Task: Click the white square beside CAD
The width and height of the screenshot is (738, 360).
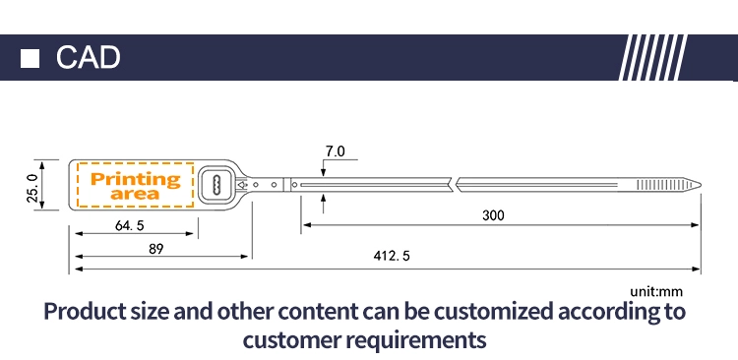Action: tap(30, 59)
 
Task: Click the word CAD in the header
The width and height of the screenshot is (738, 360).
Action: tap(88, 58)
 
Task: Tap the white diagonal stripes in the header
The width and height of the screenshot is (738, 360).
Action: tap(652, 57)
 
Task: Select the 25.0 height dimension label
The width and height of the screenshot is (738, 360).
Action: tap(31, 188)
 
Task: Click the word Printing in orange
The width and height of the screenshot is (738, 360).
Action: tap(136, 179)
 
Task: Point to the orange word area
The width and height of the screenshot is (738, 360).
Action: tap(135, 194)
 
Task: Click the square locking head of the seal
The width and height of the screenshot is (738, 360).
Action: tap(217, 185)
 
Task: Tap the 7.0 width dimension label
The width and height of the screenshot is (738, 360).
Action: tap(336, 151)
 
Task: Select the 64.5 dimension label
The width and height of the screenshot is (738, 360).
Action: tap(130, 225)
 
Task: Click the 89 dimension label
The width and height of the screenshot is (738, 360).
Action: tap(156, 249)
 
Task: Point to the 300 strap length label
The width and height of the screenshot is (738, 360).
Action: tap(493, 215)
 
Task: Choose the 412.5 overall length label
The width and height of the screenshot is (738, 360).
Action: tap(392, 256)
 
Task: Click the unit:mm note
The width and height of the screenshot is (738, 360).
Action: tap(656, 292)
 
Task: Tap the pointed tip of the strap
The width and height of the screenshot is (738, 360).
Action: tap(701, 185)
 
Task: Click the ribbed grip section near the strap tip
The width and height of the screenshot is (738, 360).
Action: tap(657, 185)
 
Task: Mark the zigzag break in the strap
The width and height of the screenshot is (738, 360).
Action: tap(454, 185)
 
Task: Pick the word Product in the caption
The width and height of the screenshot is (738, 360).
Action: tap(86, 312)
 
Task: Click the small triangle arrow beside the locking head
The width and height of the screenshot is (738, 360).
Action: tap(242, 185)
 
